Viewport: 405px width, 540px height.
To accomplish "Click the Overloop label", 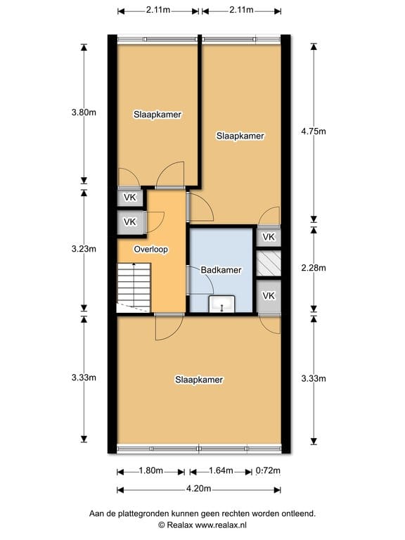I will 150,249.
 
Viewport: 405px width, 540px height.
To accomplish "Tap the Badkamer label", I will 221,270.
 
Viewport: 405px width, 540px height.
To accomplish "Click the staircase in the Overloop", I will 133,285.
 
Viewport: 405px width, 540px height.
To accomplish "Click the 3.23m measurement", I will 84,249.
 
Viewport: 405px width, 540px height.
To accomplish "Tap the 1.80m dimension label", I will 150,471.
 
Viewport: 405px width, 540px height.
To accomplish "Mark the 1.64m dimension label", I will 221,471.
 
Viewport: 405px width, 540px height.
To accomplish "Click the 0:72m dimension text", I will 267,471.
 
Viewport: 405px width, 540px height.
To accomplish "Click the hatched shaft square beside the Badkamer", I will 268,263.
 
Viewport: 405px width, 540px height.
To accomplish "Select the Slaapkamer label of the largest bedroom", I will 199,380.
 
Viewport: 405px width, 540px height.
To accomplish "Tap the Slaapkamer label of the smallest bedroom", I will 157,114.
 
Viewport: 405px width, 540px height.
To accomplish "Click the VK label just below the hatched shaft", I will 268,295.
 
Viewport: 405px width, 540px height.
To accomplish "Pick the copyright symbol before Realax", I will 161,525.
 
